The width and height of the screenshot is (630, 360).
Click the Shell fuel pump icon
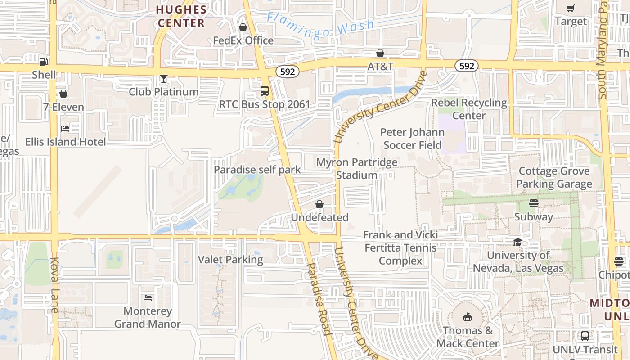pos(43,62)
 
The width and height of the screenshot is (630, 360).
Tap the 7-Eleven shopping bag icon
pos(63,94)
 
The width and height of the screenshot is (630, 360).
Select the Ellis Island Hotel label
pos(66,142)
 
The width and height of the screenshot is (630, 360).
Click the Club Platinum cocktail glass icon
pos(164,79)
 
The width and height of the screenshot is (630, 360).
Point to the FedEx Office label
pos(243,40)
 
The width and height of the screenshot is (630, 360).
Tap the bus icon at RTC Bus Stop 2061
pos(265,91)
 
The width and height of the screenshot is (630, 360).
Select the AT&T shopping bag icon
pos(380,54)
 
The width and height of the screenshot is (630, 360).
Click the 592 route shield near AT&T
pos(287,72)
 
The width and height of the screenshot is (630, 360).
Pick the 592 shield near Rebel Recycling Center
pos(467,66)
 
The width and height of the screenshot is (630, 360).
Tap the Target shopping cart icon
pos(571,8)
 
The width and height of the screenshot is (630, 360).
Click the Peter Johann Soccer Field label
pos(412,139)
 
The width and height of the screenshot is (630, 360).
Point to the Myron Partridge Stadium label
pos(357,168)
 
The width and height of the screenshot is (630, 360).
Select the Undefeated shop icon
pos(319,204)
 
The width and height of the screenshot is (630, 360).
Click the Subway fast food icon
pos(534,203)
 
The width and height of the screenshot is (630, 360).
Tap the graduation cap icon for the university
pos(517,242)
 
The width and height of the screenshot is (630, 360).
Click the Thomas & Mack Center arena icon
pos(468,317)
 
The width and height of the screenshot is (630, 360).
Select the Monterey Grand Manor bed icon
pos(148,298)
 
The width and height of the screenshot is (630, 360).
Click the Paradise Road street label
pos(319,298)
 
